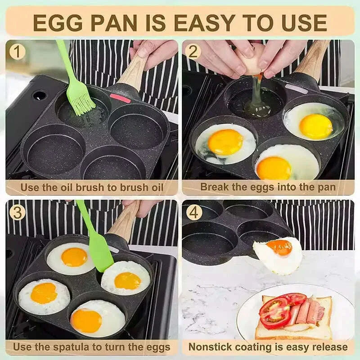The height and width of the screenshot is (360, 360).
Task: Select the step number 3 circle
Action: point(18,212)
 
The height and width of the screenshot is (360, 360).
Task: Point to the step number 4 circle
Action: point(194,212)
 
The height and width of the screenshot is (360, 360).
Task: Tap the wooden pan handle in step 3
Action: point(124,225)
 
